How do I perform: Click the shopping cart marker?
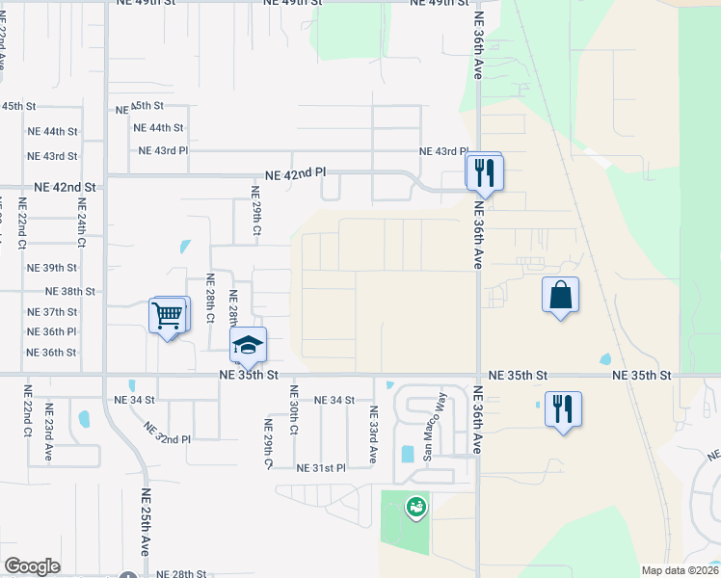pos(169,315)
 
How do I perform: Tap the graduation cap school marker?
pos(248,346)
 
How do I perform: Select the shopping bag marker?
pos(561,296)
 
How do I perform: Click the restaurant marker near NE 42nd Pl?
pos(484,171)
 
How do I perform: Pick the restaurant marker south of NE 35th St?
pos(563,408)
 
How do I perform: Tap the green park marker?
pos(416,505)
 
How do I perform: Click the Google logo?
pos(32,566)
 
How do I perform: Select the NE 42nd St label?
pos(66,187)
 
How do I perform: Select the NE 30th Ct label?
pos(294,412)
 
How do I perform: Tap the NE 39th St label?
pos(52,268)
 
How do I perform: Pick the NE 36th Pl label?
pos(52,332)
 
